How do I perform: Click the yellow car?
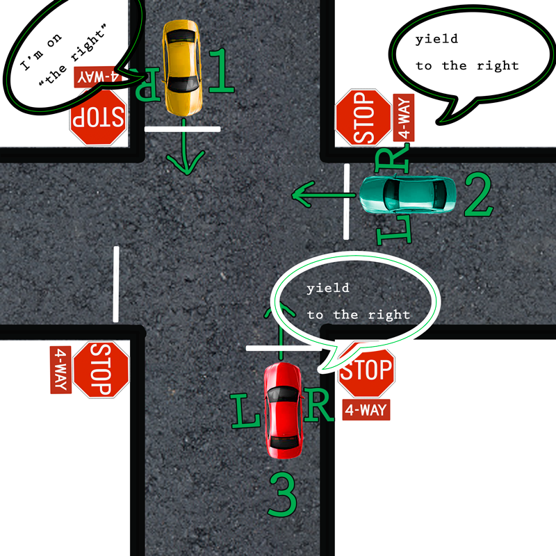point(183,67)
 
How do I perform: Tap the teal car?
point(408,194)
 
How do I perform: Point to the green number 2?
point(478,197)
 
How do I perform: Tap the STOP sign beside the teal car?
point(363,117)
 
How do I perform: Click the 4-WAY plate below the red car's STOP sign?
point(366,410)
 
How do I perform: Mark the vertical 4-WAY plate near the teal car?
point(404,117)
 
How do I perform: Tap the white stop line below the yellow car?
point(182,129)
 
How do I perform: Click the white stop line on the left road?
point(117,284)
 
